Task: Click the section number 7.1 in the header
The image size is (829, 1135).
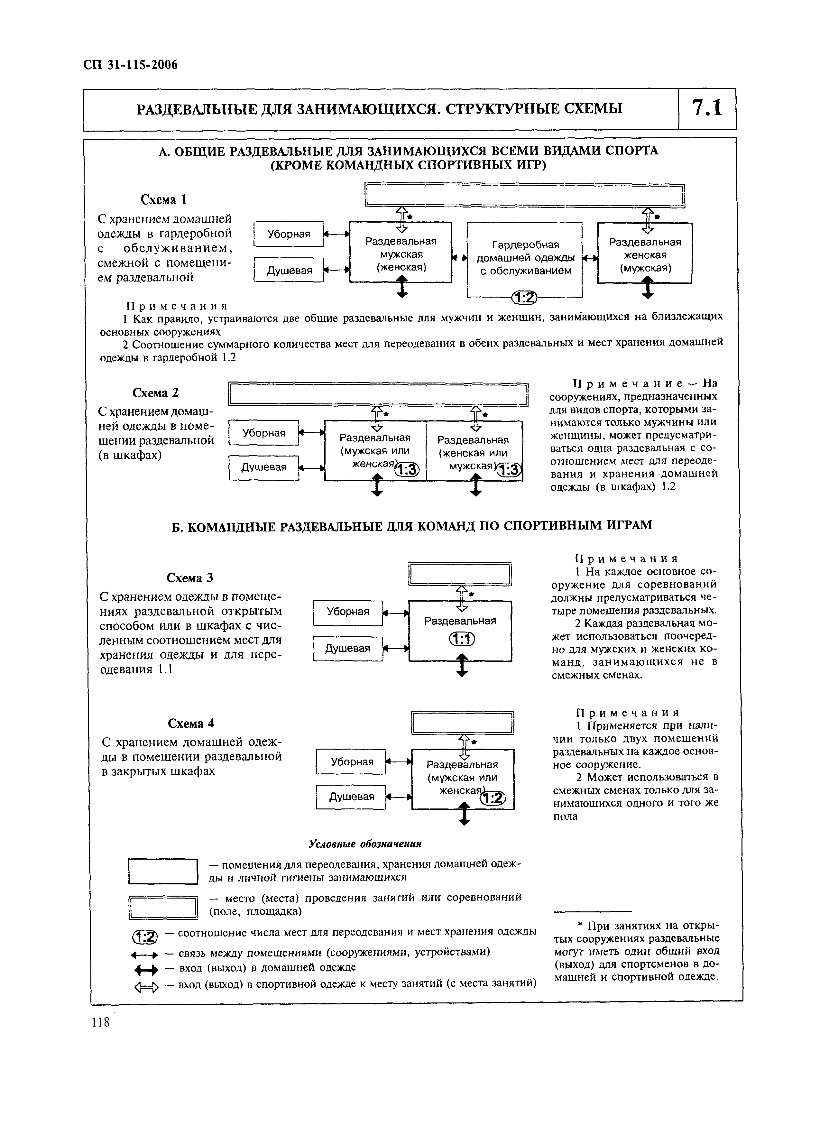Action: [706, 109]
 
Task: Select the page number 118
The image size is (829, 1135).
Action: [100, 1022]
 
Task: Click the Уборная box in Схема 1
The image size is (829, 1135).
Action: [289, 234]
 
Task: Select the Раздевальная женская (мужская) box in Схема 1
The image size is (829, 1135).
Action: [645, 254]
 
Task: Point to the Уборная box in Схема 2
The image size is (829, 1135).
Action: [263, 432]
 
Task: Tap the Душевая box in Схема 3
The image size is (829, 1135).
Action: [348, 648]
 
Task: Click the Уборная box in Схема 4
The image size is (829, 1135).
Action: [351, 762]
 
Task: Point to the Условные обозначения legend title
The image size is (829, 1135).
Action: [365, 844]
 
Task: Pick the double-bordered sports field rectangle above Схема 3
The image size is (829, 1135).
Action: [460, 574]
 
